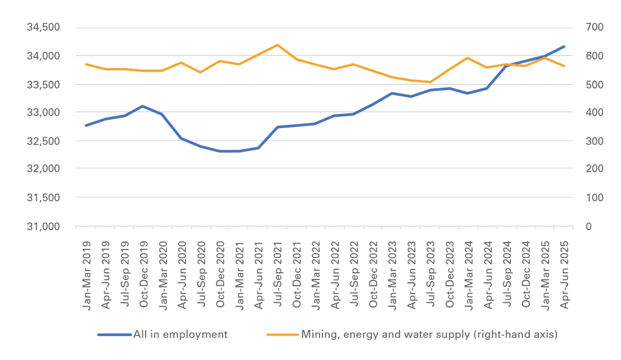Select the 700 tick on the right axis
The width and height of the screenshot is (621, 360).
coord(584,27)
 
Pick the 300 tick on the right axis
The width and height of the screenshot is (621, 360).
coord(584,141)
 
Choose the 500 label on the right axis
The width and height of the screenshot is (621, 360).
coord(584,84)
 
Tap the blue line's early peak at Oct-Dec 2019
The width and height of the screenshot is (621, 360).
coord(143,106)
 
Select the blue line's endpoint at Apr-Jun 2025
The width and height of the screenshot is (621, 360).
coord(564,46)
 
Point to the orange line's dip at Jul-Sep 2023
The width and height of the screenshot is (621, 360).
coord(430,82)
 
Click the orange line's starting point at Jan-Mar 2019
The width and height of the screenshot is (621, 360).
coord(86,64)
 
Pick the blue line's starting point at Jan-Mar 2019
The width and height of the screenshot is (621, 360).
coord(86,125)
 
